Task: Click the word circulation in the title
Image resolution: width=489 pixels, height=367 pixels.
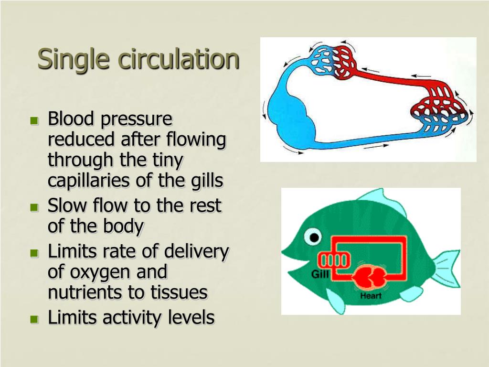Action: pos(179,59)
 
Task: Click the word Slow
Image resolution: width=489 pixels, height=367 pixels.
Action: pos(67,206)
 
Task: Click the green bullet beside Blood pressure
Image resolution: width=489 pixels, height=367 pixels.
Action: pos(34,120)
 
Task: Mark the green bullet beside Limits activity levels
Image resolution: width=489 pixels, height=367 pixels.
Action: pos(34,318)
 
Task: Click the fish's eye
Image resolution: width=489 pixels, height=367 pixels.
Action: pos(314,237)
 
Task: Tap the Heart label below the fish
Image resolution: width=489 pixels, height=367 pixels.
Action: pos(371,296)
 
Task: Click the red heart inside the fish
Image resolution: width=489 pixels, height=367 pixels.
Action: pos(368,277)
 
